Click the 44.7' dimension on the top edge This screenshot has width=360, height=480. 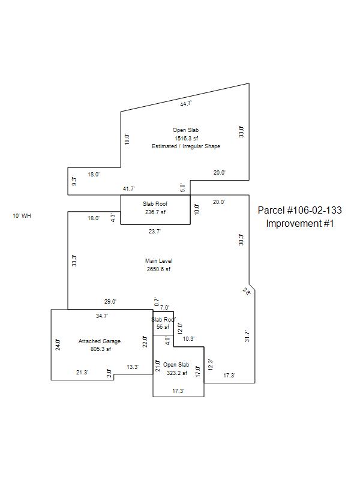point(185,103)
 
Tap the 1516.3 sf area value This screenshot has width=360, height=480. point(186,138)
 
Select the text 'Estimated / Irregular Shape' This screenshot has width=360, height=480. point(186,146)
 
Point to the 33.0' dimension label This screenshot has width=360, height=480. point(241,131)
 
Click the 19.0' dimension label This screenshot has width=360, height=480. point(127,139)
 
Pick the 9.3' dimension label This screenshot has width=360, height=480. point(74,181)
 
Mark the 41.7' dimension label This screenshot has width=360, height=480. point(128,189)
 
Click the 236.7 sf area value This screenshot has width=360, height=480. point(155,212)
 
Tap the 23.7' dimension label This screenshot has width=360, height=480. point(155,230)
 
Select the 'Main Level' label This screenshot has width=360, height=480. point(159,261)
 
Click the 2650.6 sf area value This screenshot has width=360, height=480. point(159,269)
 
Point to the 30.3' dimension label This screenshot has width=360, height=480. point(241,240)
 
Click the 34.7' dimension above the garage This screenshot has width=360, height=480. point(102,316)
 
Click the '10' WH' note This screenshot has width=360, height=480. point(22,215)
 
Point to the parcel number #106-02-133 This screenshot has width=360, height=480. point(300,211)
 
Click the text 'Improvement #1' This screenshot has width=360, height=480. point(300,223)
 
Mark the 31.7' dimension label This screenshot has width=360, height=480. point(247,336)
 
